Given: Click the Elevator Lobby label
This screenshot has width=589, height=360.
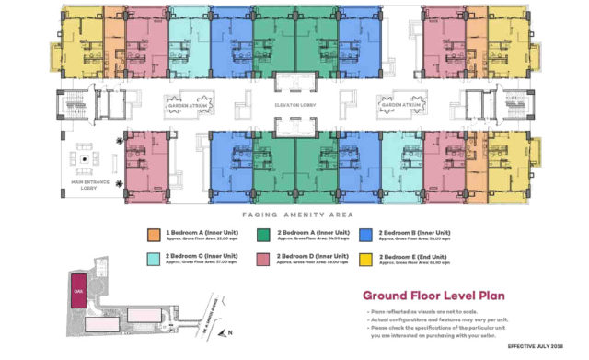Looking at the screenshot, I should tap(295, 106).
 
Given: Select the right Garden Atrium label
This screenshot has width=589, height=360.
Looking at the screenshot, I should tap(403, 105).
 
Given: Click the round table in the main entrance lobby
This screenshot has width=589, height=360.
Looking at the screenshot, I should tap(86, 158).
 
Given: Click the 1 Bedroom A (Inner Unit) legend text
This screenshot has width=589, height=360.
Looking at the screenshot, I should tap(198, 232).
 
